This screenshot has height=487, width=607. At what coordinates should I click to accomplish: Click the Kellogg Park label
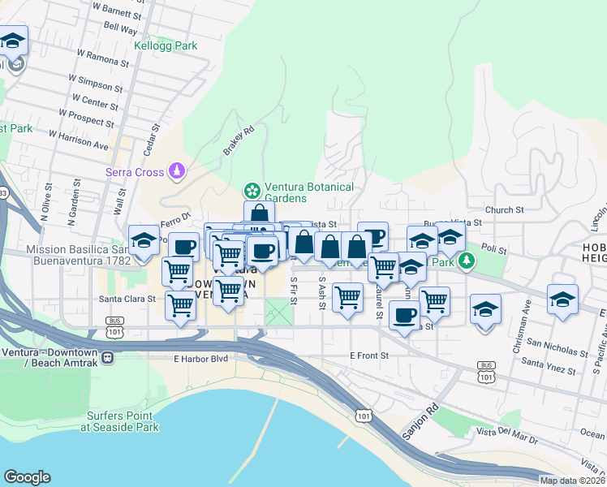tap(166, 46)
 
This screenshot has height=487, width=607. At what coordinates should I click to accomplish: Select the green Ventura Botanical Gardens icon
tap(252, 192)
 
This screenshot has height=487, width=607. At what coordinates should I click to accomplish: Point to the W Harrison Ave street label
tap(78, 140)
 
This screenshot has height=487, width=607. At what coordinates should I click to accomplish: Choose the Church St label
tap(505, 210)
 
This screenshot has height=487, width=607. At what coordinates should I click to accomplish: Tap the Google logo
tap(28, 476)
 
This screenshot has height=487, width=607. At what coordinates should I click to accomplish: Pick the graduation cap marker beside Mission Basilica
tap(144, 241)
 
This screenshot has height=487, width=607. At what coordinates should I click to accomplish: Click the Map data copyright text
tap(573, 481)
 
